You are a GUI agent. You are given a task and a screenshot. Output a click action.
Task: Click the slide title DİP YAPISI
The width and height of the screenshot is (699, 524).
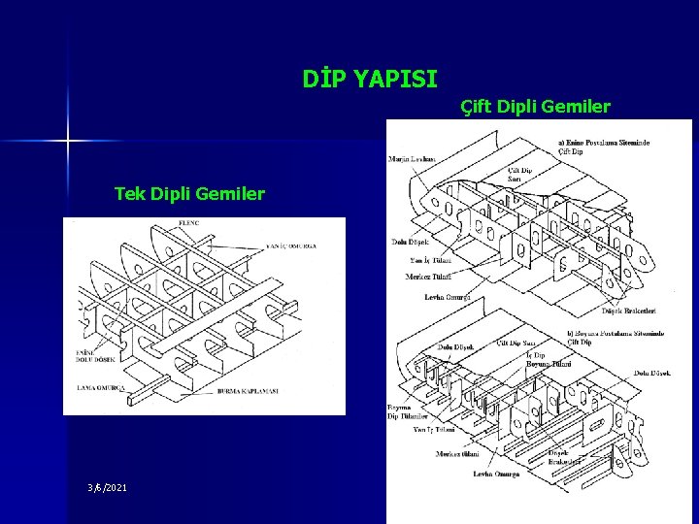pyautogui.click(x=370, y=76)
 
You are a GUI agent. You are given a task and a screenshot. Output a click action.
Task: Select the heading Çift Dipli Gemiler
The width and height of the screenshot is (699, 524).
pyautogui.click(x=535, y=106)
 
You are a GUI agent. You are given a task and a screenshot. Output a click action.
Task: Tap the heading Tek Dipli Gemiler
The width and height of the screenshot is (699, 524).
pyautogui.click(x=189, y=194)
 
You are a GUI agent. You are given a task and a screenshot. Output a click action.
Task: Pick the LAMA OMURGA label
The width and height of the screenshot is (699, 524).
pyautogui.click(x=101, y=388)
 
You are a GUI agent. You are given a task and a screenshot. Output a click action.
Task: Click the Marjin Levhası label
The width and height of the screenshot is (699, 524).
pyautogui.click(x=412, y=159)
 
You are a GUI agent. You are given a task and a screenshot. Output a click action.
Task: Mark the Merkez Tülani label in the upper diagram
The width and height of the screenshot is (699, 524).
pyautogui.click(x=428, y=278)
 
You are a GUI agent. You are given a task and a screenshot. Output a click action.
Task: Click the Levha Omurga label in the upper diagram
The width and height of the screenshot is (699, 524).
pyautogui.click(x=448, y=297)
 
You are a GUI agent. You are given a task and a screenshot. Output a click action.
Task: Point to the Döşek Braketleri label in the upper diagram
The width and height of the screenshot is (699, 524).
pyautogui.click(x=628, y=311)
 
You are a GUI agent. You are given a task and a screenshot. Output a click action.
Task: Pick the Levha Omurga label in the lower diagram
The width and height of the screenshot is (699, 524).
pyautogui.click(x=469, y=475)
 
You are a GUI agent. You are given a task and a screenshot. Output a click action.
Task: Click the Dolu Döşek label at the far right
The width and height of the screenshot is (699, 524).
pyautogui.click(x=652, y=373)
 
